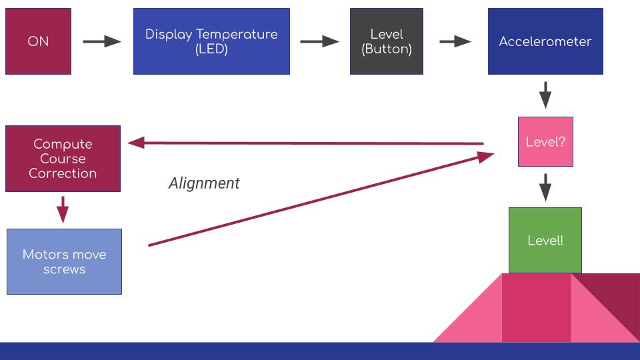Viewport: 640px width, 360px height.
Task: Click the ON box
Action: (38, 41)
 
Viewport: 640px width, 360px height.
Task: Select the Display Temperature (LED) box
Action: (211, 41)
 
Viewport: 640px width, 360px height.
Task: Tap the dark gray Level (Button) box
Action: (386, 41)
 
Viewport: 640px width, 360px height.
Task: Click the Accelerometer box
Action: (545, 41)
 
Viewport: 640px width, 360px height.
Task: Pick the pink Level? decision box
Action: (545, 142)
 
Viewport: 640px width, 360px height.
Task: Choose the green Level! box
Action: (545, 241)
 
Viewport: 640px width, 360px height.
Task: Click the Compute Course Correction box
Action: (63, 159)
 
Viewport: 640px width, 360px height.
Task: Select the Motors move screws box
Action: (64, 261)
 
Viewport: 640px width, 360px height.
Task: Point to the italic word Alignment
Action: (203, 183)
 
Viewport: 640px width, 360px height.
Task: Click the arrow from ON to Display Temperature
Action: (102, 41)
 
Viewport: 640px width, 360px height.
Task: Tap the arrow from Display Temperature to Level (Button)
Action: (319, 41)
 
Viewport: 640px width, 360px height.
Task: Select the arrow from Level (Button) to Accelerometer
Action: (455, 41)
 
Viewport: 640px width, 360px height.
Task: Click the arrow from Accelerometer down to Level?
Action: (545, 95)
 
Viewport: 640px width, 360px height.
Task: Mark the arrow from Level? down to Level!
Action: (545, 187)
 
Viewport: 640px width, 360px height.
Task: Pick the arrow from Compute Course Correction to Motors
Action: (63, 209)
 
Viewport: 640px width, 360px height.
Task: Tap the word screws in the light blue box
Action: (64, 269)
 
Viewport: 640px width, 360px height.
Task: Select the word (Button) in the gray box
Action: (386, 49)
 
